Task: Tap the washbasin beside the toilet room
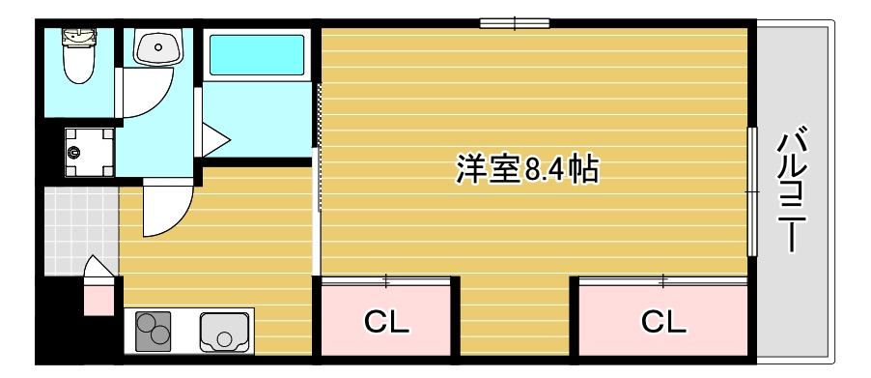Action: point(157,45)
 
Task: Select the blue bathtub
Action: point(256,55)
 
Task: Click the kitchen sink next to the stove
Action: point(225,332)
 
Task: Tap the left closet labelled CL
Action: point(386,321)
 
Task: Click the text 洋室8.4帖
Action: point(527,170)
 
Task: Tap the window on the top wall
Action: point(515,23)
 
